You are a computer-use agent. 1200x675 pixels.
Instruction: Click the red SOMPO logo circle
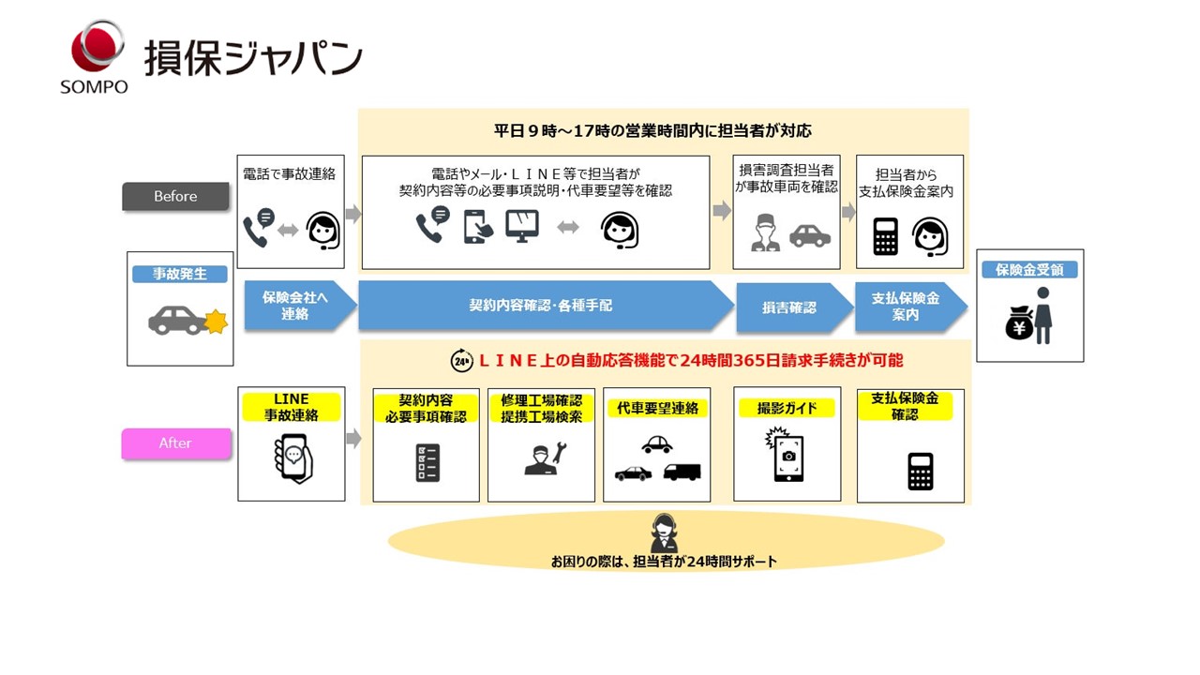click(97, 47)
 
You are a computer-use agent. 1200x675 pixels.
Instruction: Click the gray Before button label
click(175, 196)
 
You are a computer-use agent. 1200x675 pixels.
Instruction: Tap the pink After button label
click(175, 442)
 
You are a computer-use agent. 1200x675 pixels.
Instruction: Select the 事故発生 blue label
click(179, 274)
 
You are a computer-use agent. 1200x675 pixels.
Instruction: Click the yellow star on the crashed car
click(217, 322)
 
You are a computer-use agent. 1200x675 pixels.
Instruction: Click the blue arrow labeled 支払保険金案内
click(906, 306)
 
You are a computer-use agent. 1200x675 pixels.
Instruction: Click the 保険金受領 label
click(1029, 269)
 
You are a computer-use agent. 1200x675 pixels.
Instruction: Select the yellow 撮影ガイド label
click(787, 408)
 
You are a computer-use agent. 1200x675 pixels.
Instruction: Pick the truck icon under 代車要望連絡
click(682, 472)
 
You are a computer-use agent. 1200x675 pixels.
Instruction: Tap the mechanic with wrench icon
click(543, 458)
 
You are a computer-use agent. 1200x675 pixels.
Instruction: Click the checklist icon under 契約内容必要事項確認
click(427, 463)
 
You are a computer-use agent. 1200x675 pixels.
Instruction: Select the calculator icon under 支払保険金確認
click(920, 471)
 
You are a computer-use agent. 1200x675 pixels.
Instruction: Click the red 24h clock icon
click(462, 360)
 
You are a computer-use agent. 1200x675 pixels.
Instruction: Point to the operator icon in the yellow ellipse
click(664, 533)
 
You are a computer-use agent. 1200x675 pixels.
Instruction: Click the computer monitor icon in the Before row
click(522, 226)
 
